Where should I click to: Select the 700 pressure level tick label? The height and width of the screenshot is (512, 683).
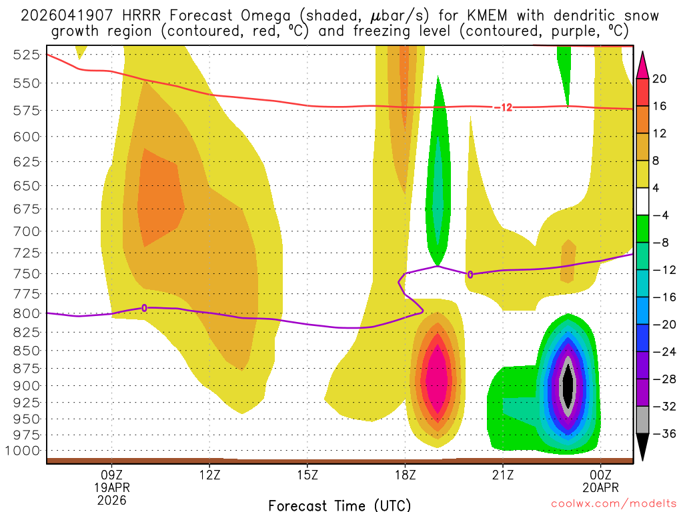pyautogui.click(x=27, y=231)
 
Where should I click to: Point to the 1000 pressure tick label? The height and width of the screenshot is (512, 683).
pyautogui.click(x=24, y=451)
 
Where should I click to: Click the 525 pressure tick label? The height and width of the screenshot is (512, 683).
pyautogui.click(x=27, y=55)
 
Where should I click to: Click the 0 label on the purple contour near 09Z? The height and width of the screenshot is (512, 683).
pyautogui.click(x=144, y=308)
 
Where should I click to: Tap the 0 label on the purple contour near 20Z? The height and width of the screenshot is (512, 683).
pyautogui.click(x=470, y=275)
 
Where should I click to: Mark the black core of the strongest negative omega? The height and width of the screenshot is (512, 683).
pyautogui.click(x=568, y=385)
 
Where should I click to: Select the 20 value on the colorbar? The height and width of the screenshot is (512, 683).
pyautogui.click(x=659, y=79)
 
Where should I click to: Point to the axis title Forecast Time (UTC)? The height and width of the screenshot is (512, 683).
pyautogui.click(x=339, y=505)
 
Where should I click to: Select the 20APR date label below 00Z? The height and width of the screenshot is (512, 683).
pyautogui.click(x=601, y=487)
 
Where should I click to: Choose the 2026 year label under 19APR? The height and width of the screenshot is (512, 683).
pyautogui.click(x=111, y=499)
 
